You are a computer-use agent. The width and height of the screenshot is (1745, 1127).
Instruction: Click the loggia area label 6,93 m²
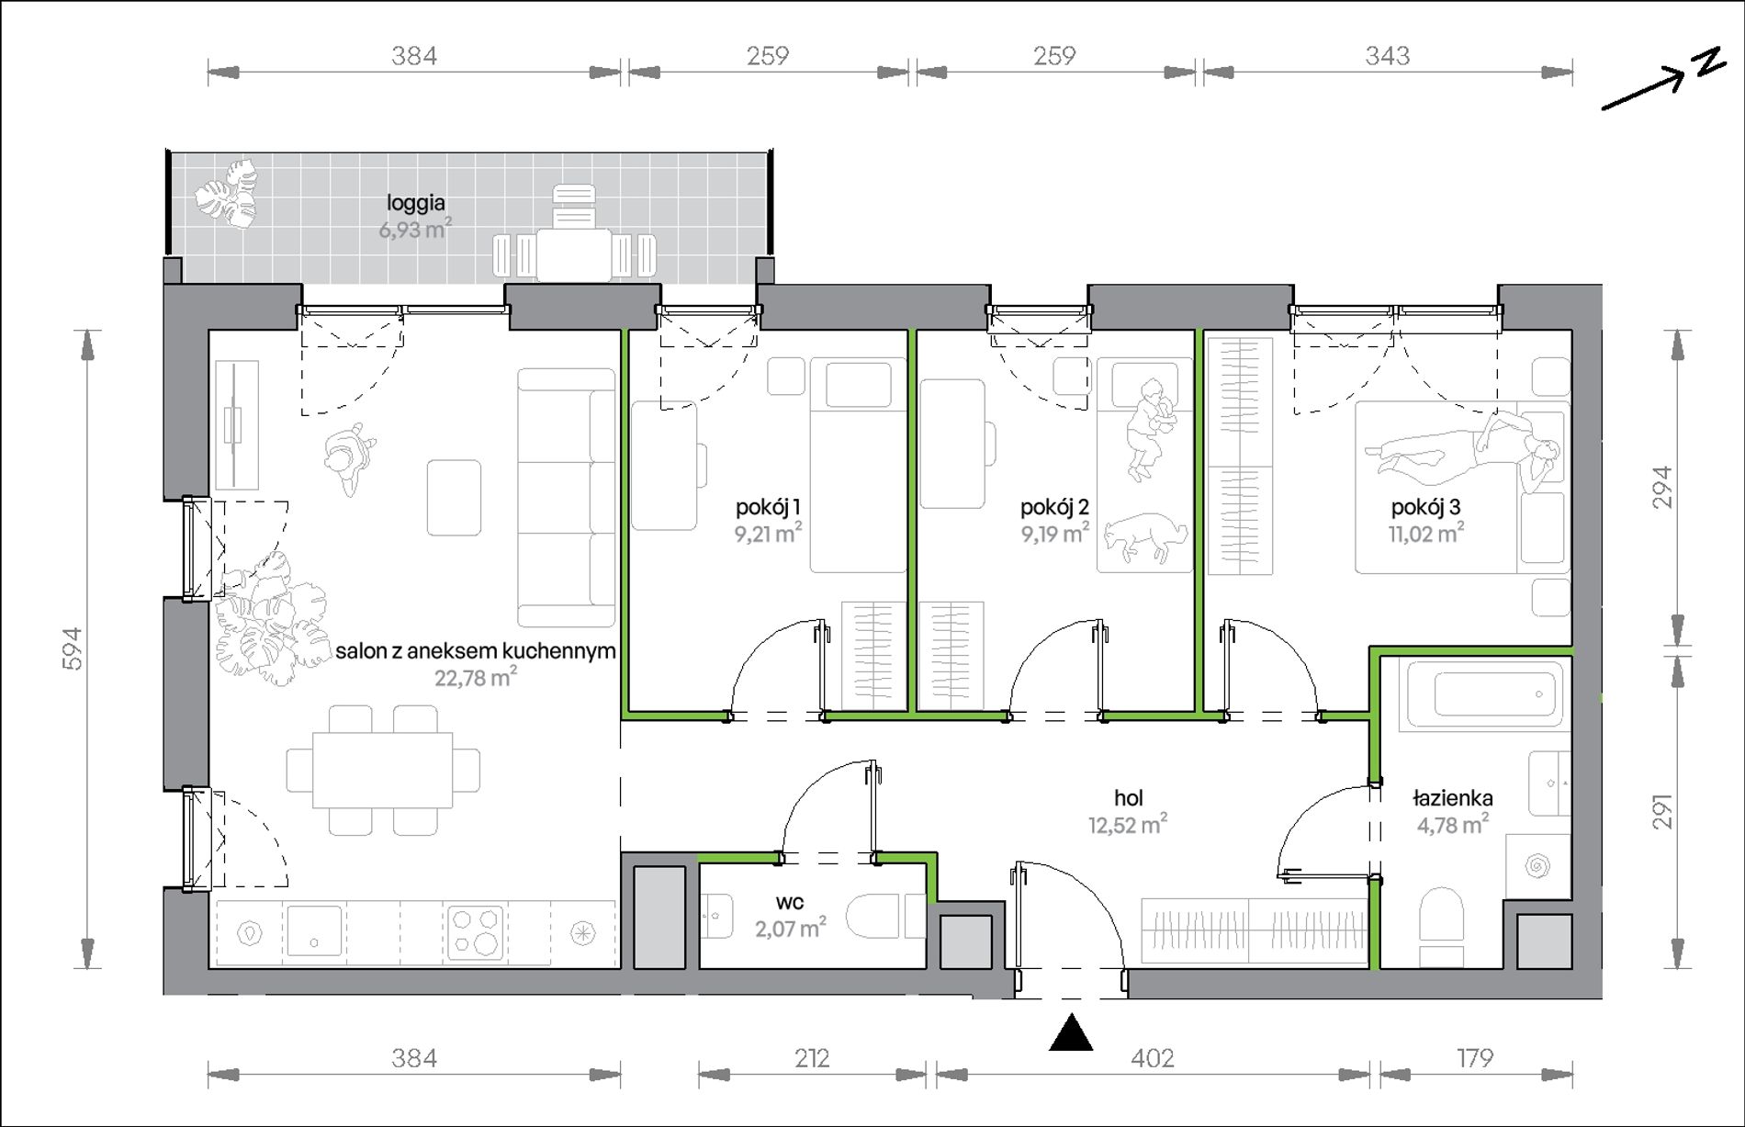415,229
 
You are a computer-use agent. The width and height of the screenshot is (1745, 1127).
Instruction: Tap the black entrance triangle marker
1071,1032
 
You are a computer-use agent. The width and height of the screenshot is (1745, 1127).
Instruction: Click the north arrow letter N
1709,62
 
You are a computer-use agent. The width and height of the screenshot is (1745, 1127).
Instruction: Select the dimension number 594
73,648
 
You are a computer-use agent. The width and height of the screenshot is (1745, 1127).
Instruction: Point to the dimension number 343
1387,56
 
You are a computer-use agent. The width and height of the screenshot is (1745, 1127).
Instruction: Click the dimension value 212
812,1059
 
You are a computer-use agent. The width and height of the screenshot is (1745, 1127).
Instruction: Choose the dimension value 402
1153,1059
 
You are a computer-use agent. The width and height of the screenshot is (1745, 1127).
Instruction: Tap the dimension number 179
1475,1059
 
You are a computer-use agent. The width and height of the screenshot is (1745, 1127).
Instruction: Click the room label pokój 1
768,507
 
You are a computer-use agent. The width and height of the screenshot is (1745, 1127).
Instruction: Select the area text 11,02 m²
1425,533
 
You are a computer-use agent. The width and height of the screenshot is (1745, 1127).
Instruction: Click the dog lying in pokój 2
1145,536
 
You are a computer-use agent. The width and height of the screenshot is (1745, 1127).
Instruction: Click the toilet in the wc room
884,917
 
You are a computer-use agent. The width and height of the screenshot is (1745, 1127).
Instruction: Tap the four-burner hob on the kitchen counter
475,932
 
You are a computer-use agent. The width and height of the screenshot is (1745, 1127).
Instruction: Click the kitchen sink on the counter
314,931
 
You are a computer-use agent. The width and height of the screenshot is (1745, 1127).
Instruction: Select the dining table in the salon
382,770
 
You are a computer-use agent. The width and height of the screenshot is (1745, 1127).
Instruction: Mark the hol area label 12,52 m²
1128,825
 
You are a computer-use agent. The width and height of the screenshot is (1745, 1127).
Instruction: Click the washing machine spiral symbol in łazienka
1537,865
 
